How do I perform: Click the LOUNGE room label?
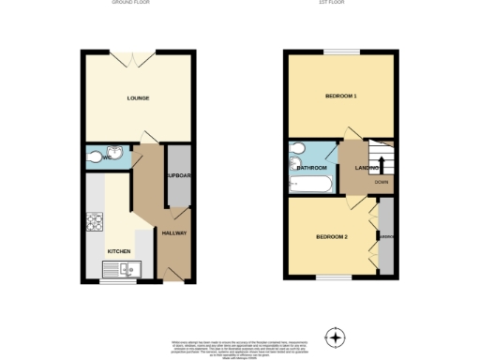139,98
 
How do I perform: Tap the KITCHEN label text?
119,251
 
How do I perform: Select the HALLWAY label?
174,232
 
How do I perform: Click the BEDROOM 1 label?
341,97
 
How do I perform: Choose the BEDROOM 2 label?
333,236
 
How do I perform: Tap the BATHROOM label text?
312,168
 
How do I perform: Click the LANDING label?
367,168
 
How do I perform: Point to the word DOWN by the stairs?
382,182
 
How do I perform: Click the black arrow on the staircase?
381,166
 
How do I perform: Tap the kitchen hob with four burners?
96,222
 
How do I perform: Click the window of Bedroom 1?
341,51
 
